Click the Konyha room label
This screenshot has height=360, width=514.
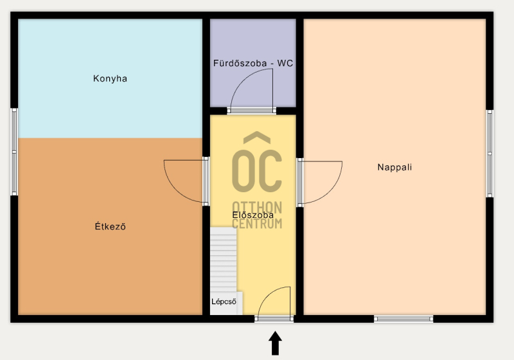coord(110,78)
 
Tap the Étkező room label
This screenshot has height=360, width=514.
coord(110,226)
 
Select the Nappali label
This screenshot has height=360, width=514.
coord(394,167)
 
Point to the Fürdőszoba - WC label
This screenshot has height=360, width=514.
coord(253,63)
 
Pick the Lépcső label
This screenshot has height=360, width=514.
coord(224,301)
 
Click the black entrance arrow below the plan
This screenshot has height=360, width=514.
coord(276,343)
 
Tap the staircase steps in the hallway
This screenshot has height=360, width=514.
coord(223,260)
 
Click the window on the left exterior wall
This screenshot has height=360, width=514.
coord(14,152)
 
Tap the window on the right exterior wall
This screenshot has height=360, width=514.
coord(490,154)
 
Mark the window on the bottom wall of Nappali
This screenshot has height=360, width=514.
coord(403,319)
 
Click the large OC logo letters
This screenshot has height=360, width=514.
coord(257,170)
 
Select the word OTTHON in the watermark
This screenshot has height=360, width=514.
coord(257,208)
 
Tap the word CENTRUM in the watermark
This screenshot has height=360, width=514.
coord(257,224)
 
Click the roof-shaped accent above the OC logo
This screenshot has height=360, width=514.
coord(257,138)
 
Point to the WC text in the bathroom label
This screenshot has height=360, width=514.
coord(285,63)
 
